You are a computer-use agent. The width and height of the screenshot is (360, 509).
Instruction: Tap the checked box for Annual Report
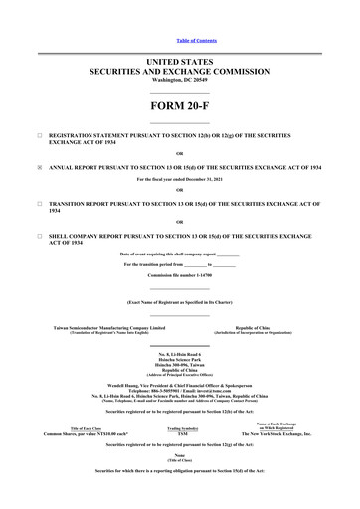pyautogui.click(x=38, y=167)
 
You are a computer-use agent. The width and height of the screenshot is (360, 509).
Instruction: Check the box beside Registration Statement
pyautogui.click(x=38, y=132)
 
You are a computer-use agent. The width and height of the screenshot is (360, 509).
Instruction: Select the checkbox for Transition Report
pyautogui.click(x=38, y=202)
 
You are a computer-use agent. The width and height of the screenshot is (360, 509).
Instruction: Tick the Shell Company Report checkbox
pyautogui.click(x=38, y=236)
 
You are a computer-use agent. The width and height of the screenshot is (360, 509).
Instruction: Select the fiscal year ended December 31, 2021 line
pyautogui.click(x=180, y=180)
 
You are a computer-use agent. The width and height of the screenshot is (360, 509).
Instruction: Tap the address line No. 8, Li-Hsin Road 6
pyautogui.click(x=180, y=354)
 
